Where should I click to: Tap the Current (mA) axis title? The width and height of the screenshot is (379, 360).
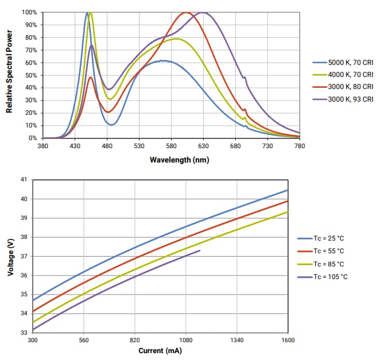tap(160, 350)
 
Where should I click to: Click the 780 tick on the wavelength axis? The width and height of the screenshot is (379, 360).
tap(299, 147)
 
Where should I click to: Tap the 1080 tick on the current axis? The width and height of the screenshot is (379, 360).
tap(185, 340)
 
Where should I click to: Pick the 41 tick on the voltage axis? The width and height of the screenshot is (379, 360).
tap(24, 180)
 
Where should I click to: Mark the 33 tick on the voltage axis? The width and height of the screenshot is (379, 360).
tap(24, 332)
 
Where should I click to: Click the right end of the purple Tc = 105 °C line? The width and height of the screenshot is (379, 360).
tap(200, 250)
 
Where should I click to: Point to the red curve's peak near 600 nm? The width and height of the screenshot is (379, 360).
tap(185, 13)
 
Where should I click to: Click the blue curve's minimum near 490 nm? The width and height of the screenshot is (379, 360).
tap(112, 125)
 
